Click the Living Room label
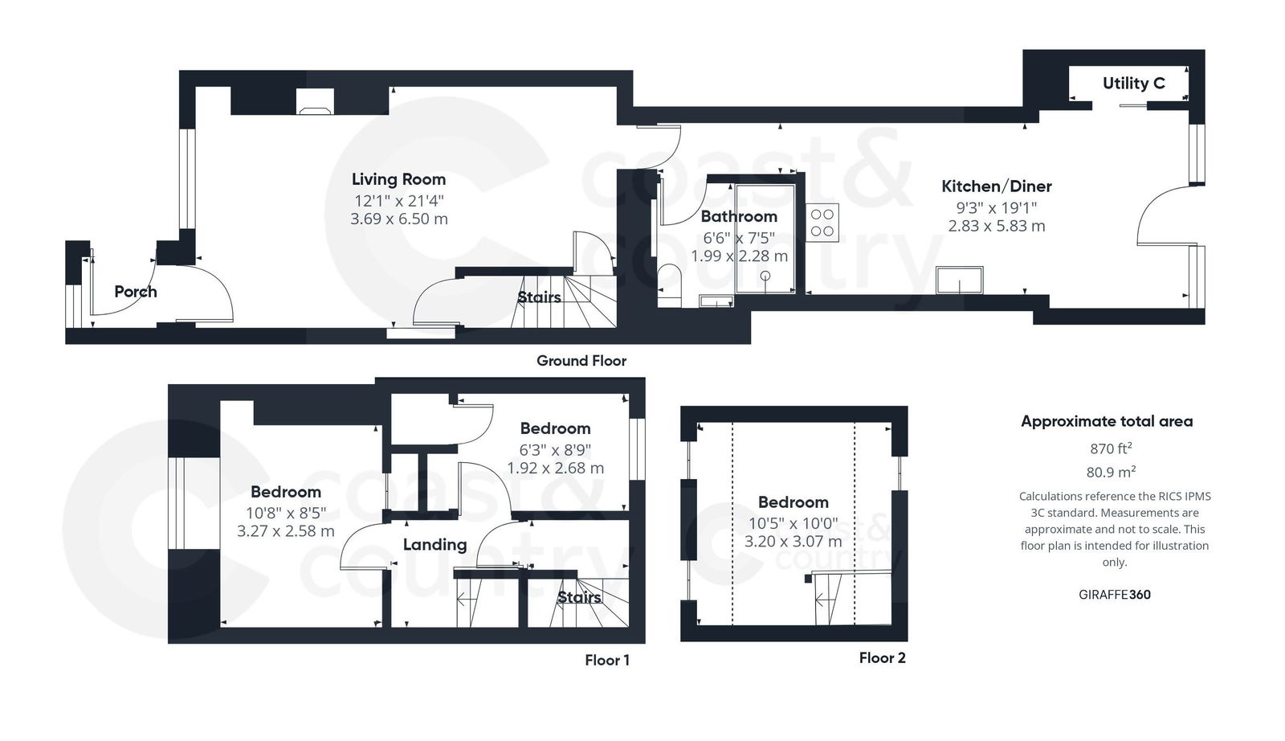(398, 179)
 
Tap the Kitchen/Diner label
(996, 186)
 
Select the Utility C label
(1133, 84)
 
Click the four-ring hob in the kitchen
(822, 223)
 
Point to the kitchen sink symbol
(960, 280)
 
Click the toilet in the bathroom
(668, 285)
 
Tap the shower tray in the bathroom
(765, 239)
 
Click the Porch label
(135, 292)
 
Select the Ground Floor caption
(581, 361)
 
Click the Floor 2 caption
(882, 658)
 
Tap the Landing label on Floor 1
(434, 545)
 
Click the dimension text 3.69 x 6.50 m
(398, 219)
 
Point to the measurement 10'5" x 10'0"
(793, 523)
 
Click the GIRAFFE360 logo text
(1114, 595)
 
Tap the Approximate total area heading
(1106, 421)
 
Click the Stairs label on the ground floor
(539, 297)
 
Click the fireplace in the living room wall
(314, 102)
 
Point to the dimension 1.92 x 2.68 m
(555, 468)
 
